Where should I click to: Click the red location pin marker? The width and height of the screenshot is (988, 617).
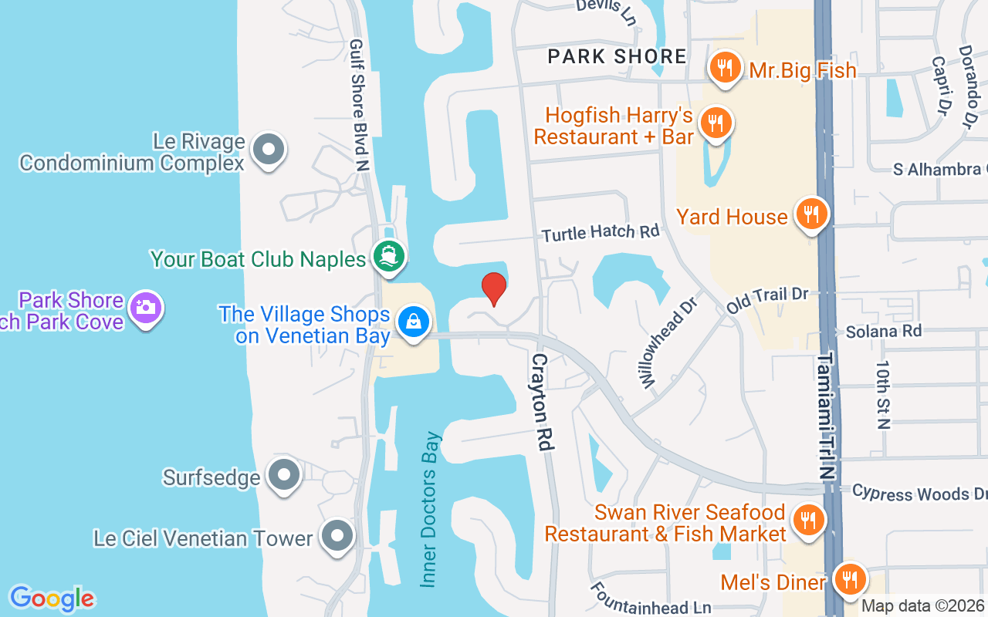pos(494,288)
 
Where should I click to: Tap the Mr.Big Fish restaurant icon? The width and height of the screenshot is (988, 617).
pos(724,68)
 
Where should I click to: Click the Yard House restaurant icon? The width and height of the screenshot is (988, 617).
pos(810,214)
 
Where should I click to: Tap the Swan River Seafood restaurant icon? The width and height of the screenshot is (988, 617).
pos(807,519)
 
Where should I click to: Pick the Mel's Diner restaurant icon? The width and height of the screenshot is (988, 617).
pos(850,578)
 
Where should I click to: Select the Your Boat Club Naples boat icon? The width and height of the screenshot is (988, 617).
pos(388,256)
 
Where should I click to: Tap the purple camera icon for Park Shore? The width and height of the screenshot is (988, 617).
pos(144,308)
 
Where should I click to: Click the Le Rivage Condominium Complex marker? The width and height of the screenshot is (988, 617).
pos(269,150)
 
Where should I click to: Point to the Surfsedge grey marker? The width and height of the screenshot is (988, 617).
pos(284,475)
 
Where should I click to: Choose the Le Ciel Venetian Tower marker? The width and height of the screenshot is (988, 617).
pos(337,536)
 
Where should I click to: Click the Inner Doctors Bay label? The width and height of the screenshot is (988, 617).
pos(430,509)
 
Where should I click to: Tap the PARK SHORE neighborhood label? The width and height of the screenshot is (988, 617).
pos(617,56)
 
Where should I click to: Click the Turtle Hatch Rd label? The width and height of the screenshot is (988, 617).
pos(601,232)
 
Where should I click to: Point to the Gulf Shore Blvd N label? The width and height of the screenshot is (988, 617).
pos(360,105)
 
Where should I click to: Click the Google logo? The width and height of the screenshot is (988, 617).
pos(52,598)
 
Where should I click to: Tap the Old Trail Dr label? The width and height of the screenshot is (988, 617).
pos(767,299)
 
